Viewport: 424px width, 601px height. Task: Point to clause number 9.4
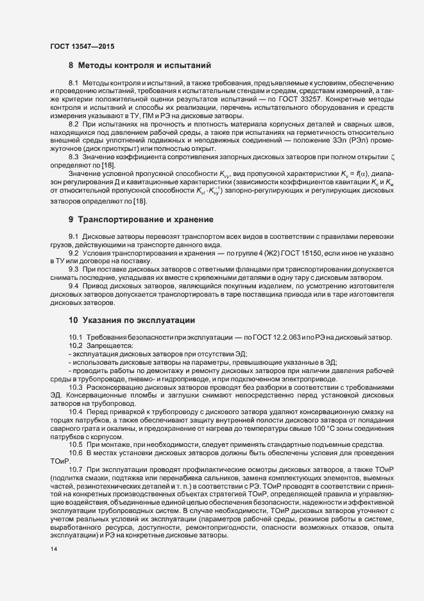[x=74, y=286]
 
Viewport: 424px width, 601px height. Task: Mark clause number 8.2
[x=74, y=123]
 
